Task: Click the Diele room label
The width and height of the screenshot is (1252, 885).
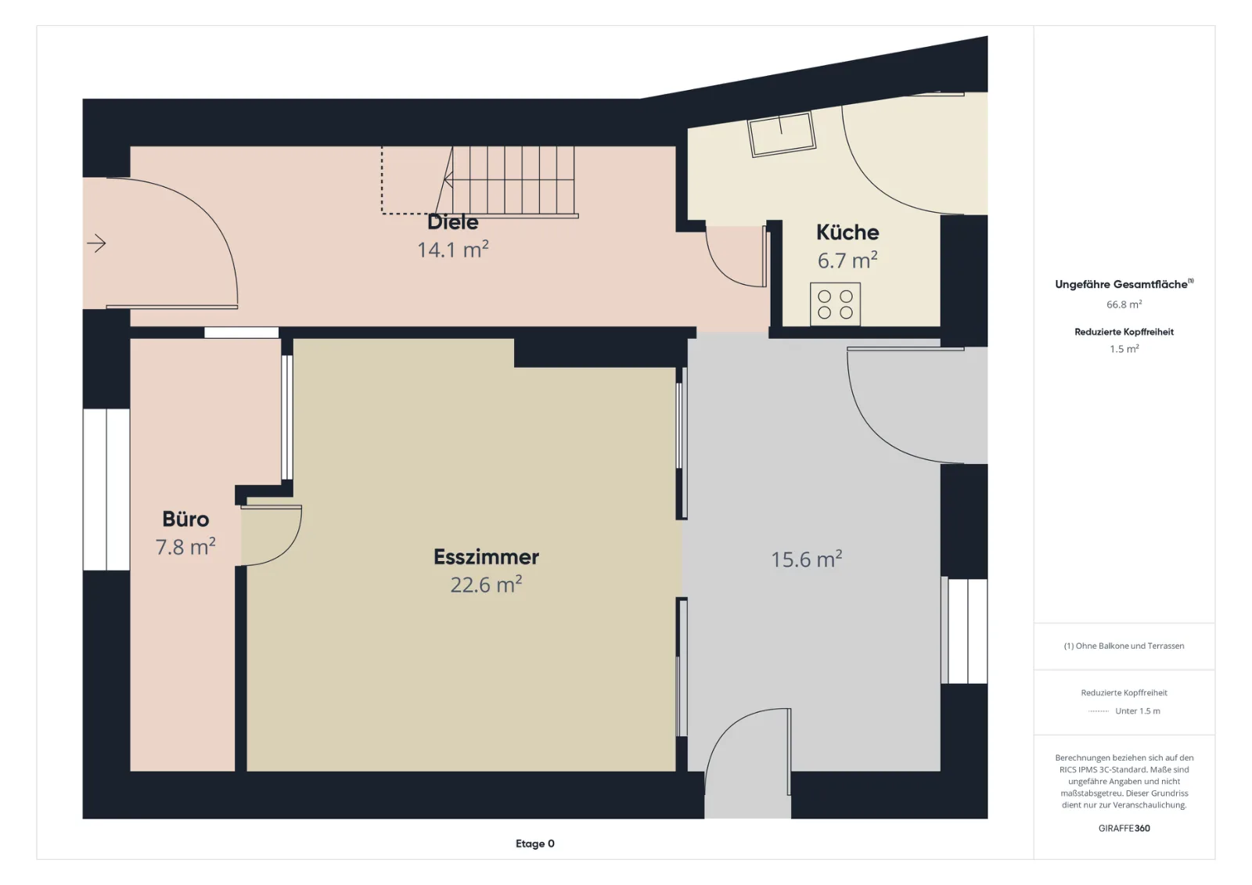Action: [453, 222]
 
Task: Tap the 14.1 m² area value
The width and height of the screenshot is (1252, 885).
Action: [453, 249]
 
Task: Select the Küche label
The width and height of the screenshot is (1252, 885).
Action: [847, 232]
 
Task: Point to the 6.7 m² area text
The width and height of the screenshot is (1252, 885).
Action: [847, 260]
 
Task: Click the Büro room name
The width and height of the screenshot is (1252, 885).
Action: [185, 519]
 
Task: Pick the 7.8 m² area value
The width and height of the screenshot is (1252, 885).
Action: [185, 546]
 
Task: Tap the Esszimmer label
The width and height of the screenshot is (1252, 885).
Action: [486, 557]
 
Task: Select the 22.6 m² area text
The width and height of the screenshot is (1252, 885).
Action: [486, 585]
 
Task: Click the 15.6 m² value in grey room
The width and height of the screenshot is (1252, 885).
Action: [807, 559]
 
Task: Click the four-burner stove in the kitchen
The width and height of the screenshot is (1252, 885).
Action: [835, 304]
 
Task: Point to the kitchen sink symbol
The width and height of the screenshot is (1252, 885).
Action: [782, 134]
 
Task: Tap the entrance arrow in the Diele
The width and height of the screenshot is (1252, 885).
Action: [96, 243]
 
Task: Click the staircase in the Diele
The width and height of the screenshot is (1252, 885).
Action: [507, 181]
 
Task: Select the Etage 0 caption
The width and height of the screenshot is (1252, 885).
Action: [535, 844]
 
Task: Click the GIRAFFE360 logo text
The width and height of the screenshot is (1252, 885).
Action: [1124, 828]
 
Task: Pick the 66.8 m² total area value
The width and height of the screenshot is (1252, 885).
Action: [1124, 304]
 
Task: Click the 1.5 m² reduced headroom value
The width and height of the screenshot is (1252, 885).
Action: [1124, 349]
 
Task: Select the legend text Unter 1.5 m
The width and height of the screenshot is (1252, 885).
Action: [1138, 711]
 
